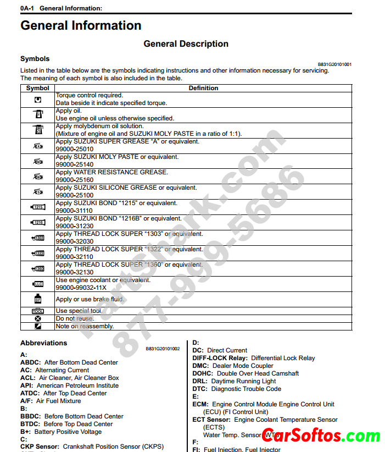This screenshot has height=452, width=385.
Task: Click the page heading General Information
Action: pyautogui.click(x=81, y=26)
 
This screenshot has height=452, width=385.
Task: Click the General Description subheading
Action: pyautogui.click(x=186, y=44)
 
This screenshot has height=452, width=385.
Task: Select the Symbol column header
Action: pyautogui.click(x=37, y=88)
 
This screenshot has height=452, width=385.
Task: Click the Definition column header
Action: pyautogui.click(x=203, y=88)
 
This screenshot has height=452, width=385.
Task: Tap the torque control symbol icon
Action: pyautogui.click(x=37, y=100)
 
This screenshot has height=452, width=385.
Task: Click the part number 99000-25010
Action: pyautogui.click(x=75, y=149)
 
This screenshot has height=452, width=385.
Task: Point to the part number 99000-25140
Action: pyautogui.click(x=75, y=164)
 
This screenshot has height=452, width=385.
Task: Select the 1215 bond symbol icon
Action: pyautogui.click(x=38, y=207)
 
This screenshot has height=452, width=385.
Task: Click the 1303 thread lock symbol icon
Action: pyautogui.click(x=38, y=238)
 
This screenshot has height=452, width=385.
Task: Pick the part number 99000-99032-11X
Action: pyautogui.click(x=81, y=288)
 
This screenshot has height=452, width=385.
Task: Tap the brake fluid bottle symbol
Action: pyautogui.click(x=38, y=299)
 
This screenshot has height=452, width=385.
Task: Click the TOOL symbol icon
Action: pyautogui.click(x=38, y=311)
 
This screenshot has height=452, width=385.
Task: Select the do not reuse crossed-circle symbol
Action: pyautogui.click(x=37, y=318)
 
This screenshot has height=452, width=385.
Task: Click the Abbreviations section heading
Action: pyautogui.click(x=43, y=343)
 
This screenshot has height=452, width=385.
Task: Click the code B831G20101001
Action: pyautogui.click(x=334, y=64)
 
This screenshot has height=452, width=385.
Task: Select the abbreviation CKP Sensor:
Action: pyautogui.click(x=40, y=447)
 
